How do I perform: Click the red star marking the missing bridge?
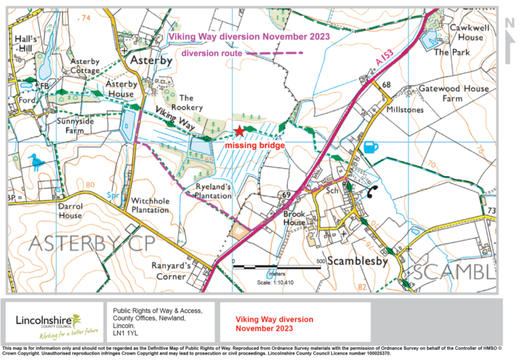(238, 132)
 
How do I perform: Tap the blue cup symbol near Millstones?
(369, 147)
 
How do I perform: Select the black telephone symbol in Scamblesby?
(374, 191)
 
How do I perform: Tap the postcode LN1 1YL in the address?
(125, 333)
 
